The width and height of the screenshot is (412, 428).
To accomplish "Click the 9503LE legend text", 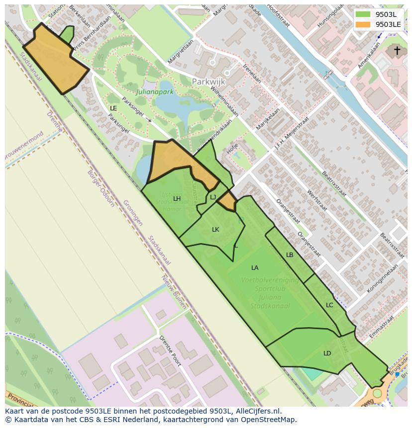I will pos(388,24).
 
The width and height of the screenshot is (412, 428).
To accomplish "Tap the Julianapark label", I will pos(155,91).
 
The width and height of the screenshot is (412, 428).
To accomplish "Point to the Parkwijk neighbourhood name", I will pos(208,82).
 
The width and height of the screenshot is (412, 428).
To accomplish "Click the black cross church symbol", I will pos(397,50).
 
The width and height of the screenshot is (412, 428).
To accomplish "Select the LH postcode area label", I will pos(177,199).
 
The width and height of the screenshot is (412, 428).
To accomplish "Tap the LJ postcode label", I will pos(213,197).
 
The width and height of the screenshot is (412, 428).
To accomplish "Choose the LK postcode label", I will pos(215,230).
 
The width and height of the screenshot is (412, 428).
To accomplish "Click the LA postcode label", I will pos(255,268).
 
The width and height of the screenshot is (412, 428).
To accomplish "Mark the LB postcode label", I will pos(290,255).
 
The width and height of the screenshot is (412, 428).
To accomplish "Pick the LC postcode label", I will pos(329,305).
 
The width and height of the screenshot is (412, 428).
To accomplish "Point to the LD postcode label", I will pos(327,353).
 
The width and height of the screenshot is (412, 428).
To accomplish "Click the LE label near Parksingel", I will pos(113,108).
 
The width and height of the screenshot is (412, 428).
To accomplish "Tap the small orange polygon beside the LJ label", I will pos(228,201).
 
